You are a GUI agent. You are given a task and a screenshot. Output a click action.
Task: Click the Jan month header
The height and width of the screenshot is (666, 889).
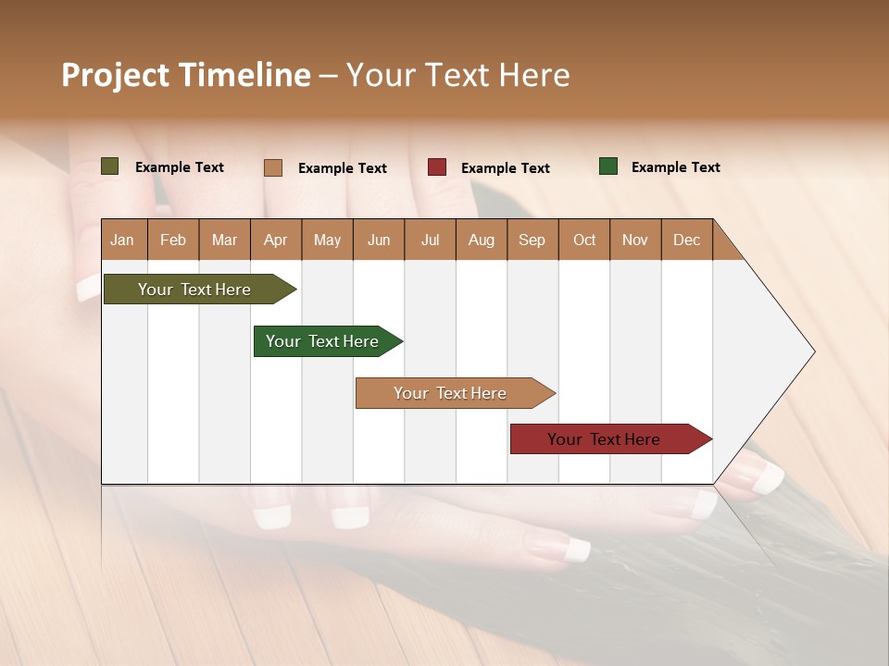click(122, 240)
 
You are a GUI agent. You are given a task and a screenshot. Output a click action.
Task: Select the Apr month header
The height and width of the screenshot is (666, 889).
click(276, 240)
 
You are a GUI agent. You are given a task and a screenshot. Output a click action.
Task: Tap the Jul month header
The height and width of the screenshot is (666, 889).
click(431, 240)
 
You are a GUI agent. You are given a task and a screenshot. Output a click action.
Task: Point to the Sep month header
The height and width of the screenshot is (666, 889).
click(532, 240)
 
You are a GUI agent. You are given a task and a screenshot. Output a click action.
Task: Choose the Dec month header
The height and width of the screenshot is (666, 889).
click(686, 240)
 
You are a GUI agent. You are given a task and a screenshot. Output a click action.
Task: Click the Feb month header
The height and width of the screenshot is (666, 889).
click(173, 240)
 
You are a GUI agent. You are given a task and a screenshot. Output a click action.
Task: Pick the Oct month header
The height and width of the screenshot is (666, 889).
click(584, 240)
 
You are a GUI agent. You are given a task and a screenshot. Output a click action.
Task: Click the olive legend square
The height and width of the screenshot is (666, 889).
click(110, 166)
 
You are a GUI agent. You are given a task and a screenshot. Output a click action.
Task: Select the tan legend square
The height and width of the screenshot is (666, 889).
click(273, 167)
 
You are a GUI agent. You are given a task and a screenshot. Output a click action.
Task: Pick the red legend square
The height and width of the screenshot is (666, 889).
click(437, 167)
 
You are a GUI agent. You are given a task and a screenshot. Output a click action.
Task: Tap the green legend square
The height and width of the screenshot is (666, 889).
click(608, 166)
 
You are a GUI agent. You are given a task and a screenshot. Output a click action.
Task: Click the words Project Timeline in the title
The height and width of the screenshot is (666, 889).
click(186, 75)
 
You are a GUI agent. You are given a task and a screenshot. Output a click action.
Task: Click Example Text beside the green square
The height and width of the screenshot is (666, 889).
click(675, 167)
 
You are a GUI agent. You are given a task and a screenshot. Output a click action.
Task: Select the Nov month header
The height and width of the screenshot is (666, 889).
click(635, 240)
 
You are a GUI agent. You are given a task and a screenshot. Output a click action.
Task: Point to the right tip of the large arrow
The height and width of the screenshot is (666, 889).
click(812, 351)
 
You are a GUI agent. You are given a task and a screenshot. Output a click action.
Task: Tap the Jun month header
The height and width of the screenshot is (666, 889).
click(379, 240)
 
